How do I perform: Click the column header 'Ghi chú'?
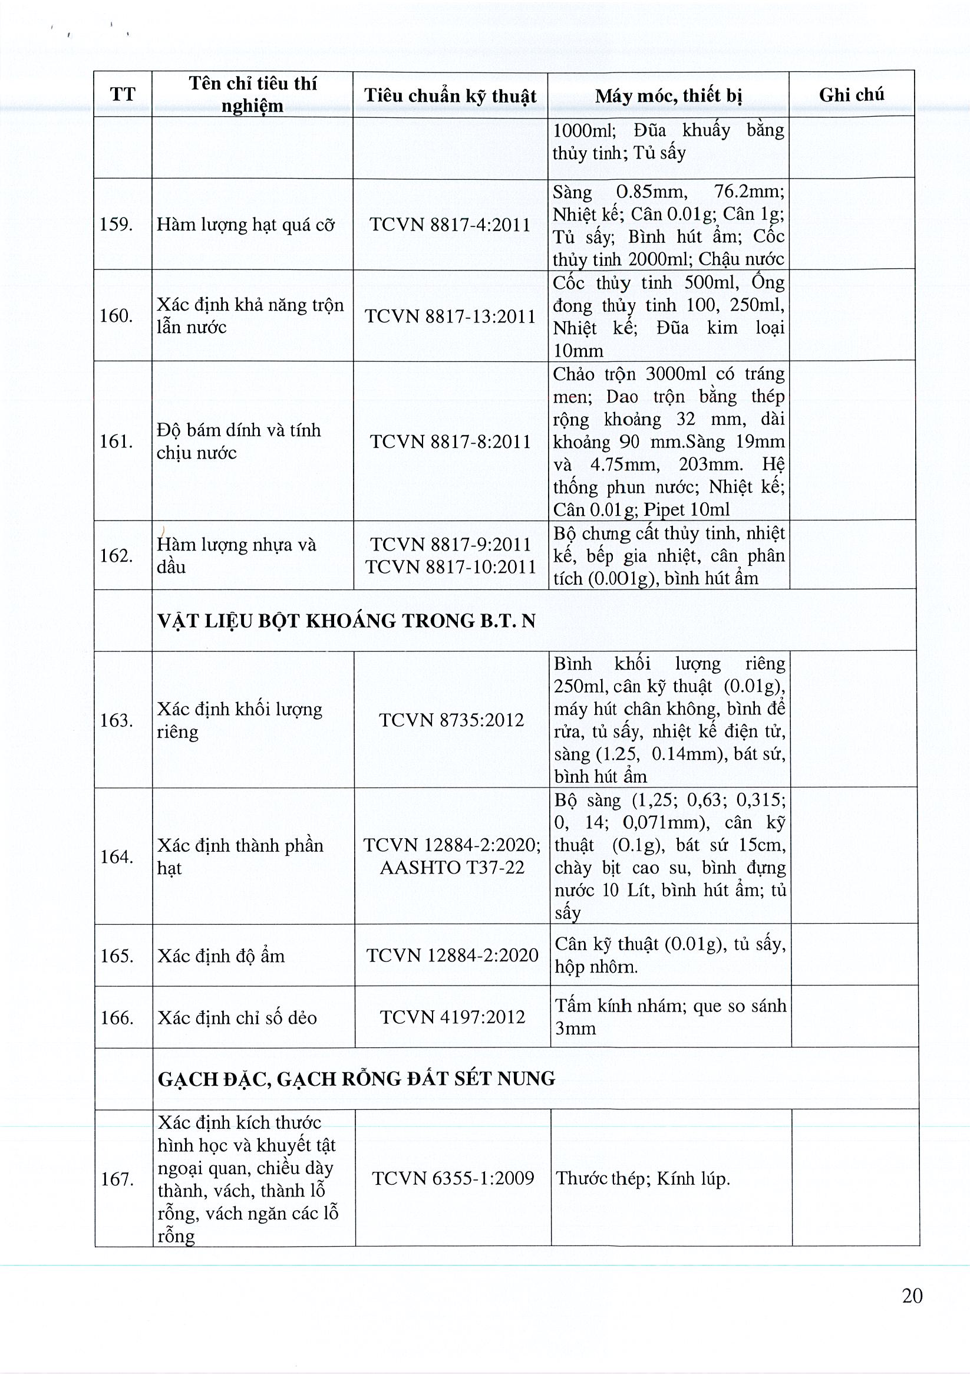pos(851,94)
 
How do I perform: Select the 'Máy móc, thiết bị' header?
pos(668,95)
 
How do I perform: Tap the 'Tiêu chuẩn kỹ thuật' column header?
pos(450,95)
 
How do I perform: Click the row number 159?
pos(116,225)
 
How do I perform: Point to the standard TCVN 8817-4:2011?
pos(450,225)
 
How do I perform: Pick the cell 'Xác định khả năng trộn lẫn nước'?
pos(250,316)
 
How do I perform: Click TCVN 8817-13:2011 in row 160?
pos(450,316)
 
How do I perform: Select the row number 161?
pos(116,441)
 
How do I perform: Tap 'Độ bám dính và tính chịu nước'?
pos(238,441)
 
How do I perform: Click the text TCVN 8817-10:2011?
pos(451,566)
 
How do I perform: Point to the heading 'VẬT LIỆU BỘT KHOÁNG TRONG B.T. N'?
pos(347,621)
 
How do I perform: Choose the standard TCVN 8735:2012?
pos(451,719)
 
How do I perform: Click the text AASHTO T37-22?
pos(452,867)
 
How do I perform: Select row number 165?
pos(117,955)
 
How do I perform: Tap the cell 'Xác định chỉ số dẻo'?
pos(237,1018)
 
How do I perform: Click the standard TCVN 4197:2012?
pos(453,1017)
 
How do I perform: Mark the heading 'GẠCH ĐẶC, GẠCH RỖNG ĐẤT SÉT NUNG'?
pos(356,1079)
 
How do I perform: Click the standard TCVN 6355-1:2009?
pos(453,1178)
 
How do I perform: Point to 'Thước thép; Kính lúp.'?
pos(643,1179)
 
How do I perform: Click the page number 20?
pos(912,1296)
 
